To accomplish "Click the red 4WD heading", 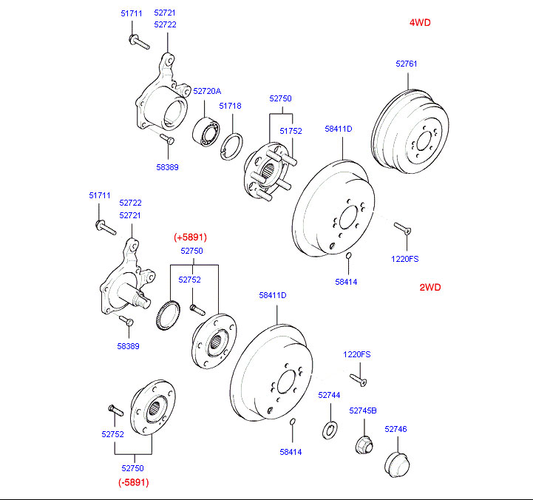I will coord(419,22).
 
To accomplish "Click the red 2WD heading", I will coord(430,287).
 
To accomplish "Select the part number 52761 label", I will coord(406,64).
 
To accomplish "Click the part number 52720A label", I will coord(207,91).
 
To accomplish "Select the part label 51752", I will coord(290,131).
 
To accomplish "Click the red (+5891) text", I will coord(190,237).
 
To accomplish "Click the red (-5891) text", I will coord(134,482).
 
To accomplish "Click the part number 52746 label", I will coord(395,429).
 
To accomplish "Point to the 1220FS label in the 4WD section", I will coord(404,259).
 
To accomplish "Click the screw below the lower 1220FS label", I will coord(359,380).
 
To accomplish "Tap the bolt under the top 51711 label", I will coord(138,41).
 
